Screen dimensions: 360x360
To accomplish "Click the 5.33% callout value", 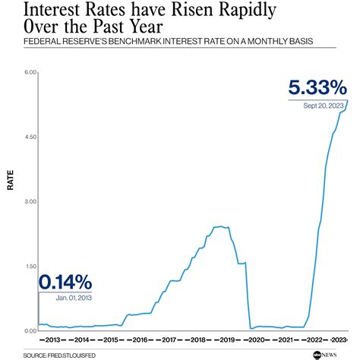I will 318,87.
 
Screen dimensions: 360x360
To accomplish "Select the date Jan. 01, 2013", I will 72,298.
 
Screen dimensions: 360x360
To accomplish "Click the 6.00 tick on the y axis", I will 30,72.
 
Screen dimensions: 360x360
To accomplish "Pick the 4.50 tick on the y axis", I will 30,137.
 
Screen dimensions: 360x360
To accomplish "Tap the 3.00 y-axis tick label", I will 30,201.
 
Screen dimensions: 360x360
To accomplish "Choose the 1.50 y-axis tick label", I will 30,266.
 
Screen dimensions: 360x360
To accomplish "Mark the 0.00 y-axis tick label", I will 30,330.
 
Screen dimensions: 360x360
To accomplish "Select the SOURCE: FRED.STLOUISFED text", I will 53,354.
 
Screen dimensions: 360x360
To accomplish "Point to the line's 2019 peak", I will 220,226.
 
